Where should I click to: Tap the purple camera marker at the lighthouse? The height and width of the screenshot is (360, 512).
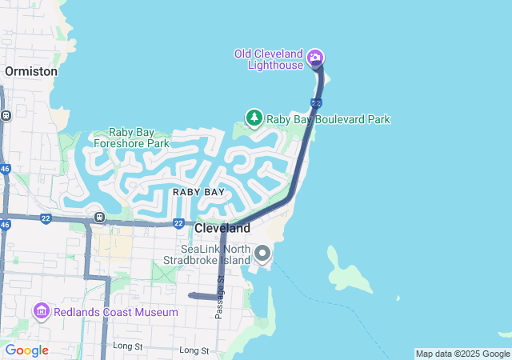(315, 57)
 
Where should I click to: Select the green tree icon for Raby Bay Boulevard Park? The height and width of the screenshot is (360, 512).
(254, 119)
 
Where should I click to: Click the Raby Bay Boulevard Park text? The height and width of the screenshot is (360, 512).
(328, 119)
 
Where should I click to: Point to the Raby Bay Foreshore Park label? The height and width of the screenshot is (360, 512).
(131, 138)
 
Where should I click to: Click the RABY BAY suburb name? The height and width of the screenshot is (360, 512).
(198, 192)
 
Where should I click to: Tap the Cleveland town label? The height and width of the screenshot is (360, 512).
(222, 229)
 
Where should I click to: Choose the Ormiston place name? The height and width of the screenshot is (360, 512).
(31, 71)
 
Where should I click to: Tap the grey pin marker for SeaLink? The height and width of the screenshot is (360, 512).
(262, 254)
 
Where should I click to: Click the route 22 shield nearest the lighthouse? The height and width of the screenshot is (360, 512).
(317, 103)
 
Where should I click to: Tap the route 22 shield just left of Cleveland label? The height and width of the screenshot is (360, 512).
(178, 223)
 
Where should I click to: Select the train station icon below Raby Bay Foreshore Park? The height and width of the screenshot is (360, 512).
(99, 217)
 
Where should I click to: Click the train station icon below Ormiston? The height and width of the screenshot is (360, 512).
(6, 115)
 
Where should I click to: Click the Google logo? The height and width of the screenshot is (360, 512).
(26, 350)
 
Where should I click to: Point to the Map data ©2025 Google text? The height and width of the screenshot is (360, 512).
(462, 354)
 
